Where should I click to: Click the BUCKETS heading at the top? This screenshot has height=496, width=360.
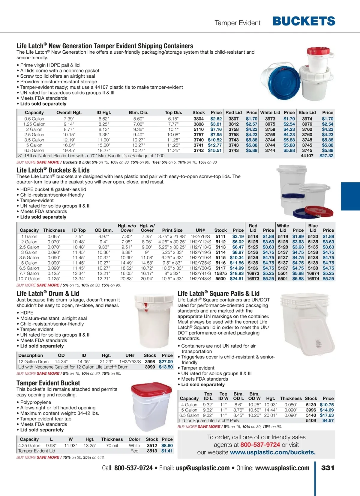(304, 21)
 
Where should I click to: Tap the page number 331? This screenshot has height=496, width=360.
(328, 468)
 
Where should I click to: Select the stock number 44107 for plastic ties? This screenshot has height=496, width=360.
(307, 156)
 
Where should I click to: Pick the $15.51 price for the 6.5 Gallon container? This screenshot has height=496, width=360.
(214, 150)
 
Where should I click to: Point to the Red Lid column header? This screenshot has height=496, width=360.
(233, 112)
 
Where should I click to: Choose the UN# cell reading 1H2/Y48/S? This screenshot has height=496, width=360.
(200, 279)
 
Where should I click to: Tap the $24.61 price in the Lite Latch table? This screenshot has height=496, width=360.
(236, 279)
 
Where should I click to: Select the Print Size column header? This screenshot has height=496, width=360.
(172, 230)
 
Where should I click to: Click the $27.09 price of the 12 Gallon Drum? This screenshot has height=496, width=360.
(166, 362)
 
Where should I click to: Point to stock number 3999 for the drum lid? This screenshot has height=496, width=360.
(150, 367)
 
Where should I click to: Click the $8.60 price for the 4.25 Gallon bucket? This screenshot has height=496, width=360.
(167, 446)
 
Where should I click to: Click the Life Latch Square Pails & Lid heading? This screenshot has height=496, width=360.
(218, 293)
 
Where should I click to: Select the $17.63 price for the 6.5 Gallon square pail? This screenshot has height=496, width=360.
(327, 415)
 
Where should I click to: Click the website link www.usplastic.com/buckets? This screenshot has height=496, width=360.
(273, 452)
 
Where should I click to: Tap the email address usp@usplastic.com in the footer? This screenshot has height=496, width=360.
(203, 468)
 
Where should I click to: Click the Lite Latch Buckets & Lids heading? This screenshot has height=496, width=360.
(53, 170)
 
